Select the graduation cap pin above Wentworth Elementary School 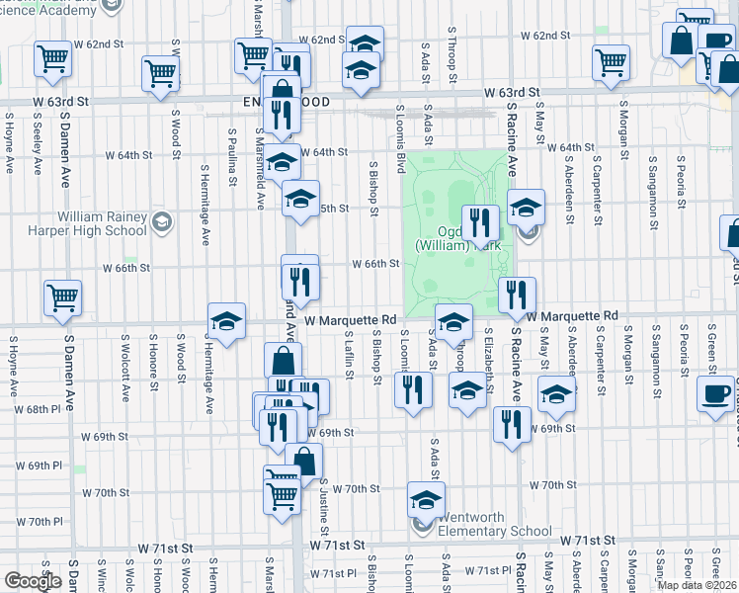426,500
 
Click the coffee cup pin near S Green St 715,393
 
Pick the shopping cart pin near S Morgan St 612,62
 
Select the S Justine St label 323,500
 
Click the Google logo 33,581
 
